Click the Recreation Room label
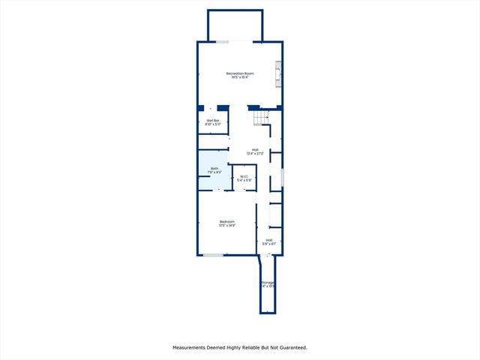click(241, 73)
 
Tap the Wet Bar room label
click(212, 120)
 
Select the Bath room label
click(214, 169)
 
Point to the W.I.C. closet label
click(244, 176)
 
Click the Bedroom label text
click(227, 221)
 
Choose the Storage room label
click(268, 283)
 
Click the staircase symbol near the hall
click(260, 118)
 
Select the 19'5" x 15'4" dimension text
click(241, 77)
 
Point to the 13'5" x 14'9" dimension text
click(227, 226)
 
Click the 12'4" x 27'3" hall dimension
click(255, 154)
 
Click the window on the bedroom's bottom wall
click(213, 255)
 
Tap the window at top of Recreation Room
click(223, 41)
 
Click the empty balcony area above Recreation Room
click(235, 25)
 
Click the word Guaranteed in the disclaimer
click(290, 347)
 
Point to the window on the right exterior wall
click(282, 178)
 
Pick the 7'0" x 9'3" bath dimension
click(214, 173)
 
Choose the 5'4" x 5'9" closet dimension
click(244, 181)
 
